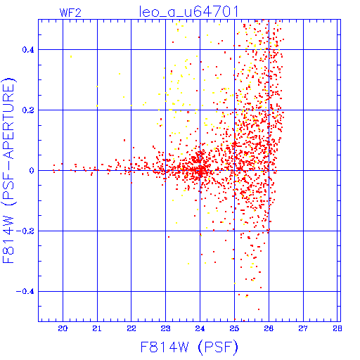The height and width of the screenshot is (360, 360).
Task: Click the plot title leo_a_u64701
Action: point(189,12)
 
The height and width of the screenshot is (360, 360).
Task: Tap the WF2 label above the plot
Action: point(70,13)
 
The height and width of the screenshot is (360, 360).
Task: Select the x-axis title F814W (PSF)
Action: point(189,347)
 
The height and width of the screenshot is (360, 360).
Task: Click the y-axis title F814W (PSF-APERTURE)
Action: point(9,171)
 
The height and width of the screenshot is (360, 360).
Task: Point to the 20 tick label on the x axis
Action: point(63,328)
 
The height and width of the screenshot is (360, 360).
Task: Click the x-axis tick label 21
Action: point(97,328)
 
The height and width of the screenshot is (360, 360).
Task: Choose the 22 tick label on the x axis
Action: point(131,328)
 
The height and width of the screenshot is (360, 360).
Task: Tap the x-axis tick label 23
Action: point(165,328)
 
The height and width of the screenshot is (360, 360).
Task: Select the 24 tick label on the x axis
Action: point(200,328)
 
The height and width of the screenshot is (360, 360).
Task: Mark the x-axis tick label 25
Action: point(234,328)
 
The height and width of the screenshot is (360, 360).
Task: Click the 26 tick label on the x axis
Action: point(269,328)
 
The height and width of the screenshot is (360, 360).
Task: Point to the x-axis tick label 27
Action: point(303,328)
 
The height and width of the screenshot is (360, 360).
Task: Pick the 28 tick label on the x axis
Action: point(337,328)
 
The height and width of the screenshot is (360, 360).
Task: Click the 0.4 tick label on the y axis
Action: point(28,50)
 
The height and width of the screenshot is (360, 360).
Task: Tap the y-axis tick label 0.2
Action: point(28,110)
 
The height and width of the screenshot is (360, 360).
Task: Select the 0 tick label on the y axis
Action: point(32,171)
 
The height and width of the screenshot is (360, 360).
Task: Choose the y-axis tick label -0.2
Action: point(25,231)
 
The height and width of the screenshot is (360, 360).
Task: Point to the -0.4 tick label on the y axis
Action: point(25,292)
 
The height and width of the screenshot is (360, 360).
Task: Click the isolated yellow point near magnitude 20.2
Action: point(71,56)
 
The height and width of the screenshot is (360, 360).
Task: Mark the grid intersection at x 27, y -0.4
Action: point(303,292)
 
